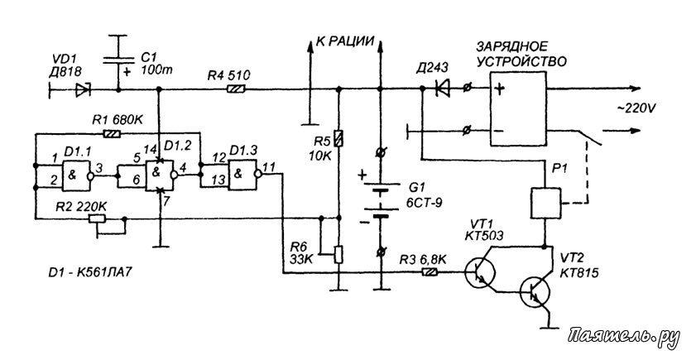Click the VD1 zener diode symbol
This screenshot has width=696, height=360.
pyautogui.click(x=83, y=90)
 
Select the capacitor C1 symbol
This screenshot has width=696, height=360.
pyautogui.click(x=118, y=60)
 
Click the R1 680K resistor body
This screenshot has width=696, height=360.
pyautogui.click(x=111, y=132)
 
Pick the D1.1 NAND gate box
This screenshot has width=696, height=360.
pyautogui.click(x=76, y=175)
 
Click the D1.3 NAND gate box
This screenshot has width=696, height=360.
pyautogui.click(x=242, y=175)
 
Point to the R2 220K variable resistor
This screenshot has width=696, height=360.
pyautogui.click(x=97, y=218)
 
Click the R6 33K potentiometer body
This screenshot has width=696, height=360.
pyautogui.click(x=338, y=254)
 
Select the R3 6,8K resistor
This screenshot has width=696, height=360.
pyautogui.click(x=430, y=272)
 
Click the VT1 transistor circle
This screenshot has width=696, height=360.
pyautogui.click(x=480, y=272)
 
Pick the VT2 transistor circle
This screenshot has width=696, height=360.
pyautogui.click(x=535, y=291)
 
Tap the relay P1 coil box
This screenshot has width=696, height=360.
pyautogui.click(x=545, y=203)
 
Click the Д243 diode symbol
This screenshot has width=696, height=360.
pyautogui.click(x=442, y=89)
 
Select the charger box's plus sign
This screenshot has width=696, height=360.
pyautogui.click(x=499, y=89)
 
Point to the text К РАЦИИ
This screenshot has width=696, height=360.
pyautogui.click(x=345, y=41)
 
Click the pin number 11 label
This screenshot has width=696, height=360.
pyautogui.click(x=269, y=167)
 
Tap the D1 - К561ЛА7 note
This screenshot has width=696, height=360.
pyautogui.click(x=90, y=271)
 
